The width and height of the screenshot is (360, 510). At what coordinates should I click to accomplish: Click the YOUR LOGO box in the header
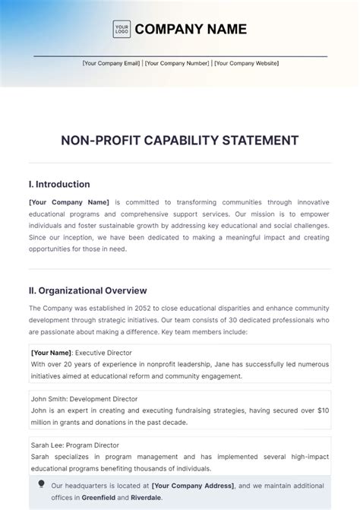[x=121, y=30]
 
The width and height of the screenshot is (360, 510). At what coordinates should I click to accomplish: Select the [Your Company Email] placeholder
[x=112, y=64]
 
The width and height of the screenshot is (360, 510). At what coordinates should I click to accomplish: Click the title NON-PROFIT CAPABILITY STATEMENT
[x=180, y=141]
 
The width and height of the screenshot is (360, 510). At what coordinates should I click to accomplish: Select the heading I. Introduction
[x=59, y=184]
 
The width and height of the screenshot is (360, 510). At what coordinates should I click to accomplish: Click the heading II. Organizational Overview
[x=88, y=290]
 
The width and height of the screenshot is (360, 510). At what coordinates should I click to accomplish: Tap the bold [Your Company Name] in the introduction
[x=69, y=202]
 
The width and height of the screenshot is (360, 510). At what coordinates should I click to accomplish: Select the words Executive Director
[x=103, y=353]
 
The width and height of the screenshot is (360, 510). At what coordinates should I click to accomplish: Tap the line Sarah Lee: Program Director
[x=75, y=445]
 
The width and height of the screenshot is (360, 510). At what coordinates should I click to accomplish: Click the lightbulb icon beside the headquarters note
[x=41, y=484]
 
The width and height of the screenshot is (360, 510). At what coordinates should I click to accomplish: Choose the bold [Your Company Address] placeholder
[x=193, y=485]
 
